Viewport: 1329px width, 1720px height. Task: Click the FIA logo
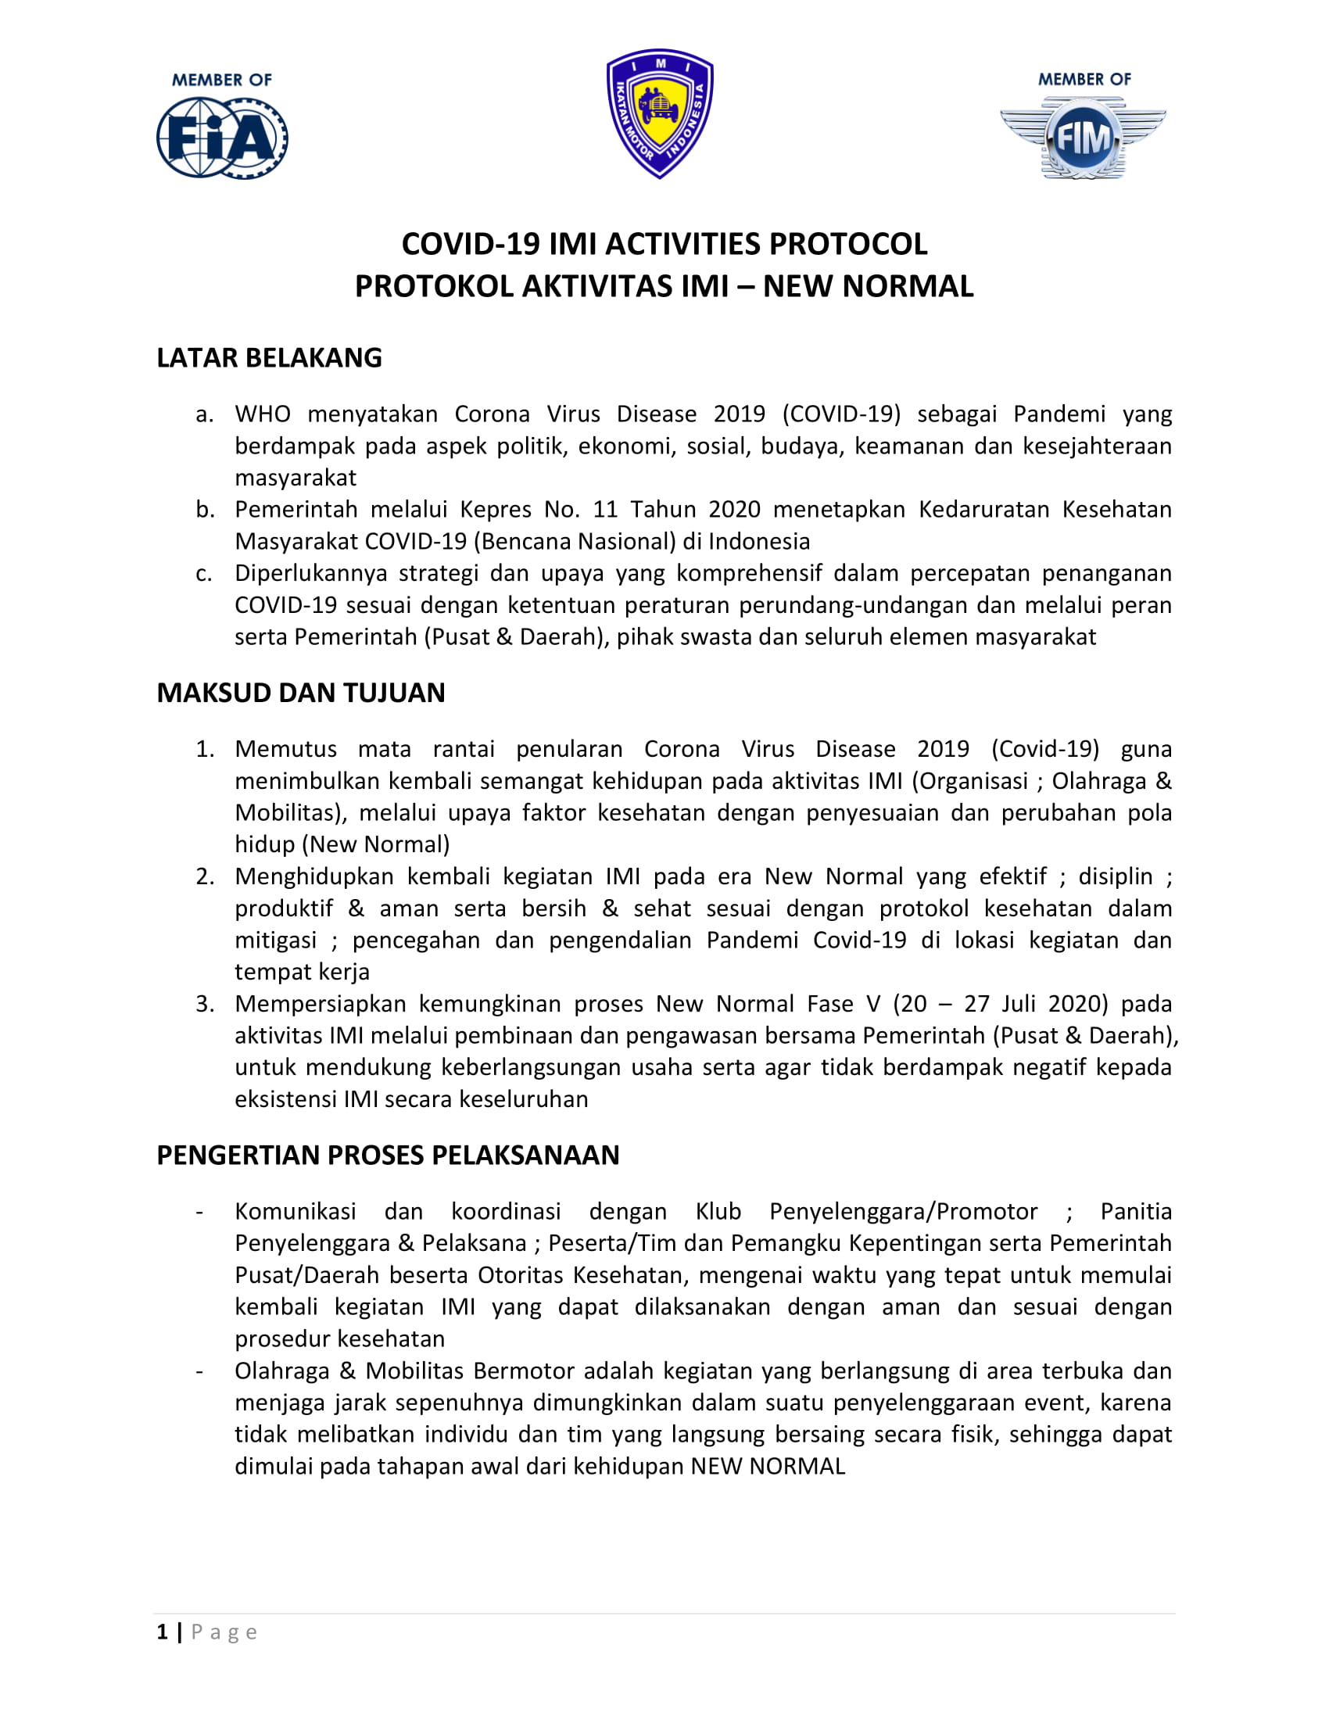click(222, 137)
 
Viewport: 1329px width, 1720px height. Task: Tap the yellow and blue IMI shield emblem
click(660, 113)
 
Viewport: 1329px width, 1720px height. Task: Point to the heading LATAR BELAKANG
click(269, 357)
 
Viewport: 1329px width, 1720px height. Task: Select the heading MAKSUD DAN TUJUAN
click(301, 692)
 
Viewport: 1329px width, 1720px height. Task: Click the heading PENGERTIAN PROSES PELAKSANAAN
click(389, 1156)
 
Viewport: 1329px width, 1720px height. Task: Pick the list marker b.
click(205, 510)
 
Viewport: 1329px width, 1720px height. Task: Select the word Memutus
click(286, 749)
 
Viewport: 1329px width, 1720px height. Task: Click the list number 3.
click(205, 1004)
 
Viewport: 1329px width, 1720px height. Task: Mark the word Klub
click(718, 1211)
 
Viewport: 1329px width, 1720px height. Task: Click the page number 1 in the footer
click(162, 1632)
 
